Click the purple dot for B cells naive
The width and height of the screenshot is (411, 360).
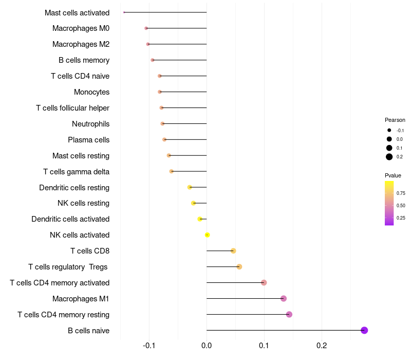pyautogui.click(x=364, y=330)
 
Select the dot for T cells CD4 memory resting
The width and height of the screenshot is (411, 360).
pyautogui.click(x=289, y=314)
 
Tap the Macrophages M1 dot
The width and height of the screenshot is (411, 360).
pyautogui.click(x=284, y=298)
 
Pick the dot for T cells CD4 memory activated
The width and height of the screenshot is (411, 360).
pyautogui.click(x=264, y=282)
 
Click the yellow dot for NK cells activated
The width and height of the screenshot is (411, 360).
pyautogui.click(x=207, y=235)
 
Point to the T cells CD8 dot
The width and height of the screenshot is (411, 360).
pyautogui.click(x=233, y=251)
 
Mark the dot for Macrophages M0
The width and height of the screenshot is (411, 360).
pyautogui.click(x=146, y=28)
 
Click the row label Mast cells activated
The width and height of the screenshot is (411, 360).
pyautogui.click(x=77, y=12)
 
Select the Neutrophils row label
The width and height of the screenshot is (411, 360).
pyautogui.click(x=90, y=124)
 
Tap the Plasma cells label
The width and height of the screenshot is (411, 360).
pyautogui.click(x=88, y=140)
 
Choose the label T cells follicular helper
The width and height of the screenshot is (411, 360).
pyautogui.click(x=72, y=108)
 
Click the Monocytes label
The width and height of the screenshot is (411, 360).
pyautogui.click(x=91, y=92)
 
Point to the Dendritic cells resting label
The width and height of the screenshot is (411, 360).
pyautogui.click(x=74, y=188)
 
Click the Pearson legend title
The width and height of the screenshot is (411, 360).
pyautogui.click(x=395, y=120)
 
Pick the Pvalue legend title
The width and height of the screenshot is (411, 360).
pyautogui.click(x=393, y=175)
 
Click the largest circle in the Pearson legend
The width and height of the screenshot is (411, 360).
pyautogui.click(x=389, y=157)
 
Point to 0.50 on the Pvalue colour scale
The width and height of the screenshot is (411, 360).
pyautogui.click(x=401, y=206)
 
